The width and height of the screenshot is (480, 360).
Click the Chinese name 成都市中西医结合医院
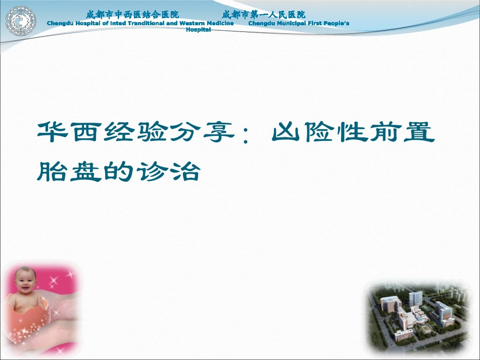pyautogui.click(x=132, y=15)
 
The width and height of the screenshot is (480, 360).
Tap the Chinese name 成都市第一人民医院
pyautogui.click(x=263, y=15)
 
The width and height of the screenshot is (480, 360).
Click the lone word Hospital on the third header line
pyautogui.click(x=198, y=30)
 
